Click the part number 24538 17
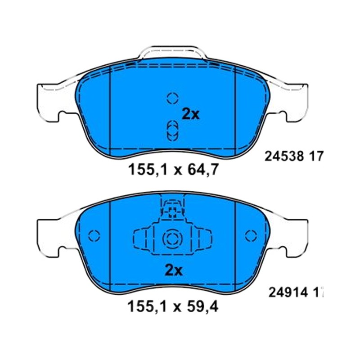(294, 157)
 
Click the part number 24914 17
(296, 292)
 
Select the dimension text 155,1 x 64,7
(173, 170)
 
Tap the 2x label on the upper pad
(190, 114)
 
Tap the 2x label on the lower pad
(174, 271)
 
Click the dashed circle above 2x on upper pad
(172, 98)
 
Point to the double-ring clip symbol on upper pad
(172, 131)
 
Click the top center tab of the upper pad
(173, 51)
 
